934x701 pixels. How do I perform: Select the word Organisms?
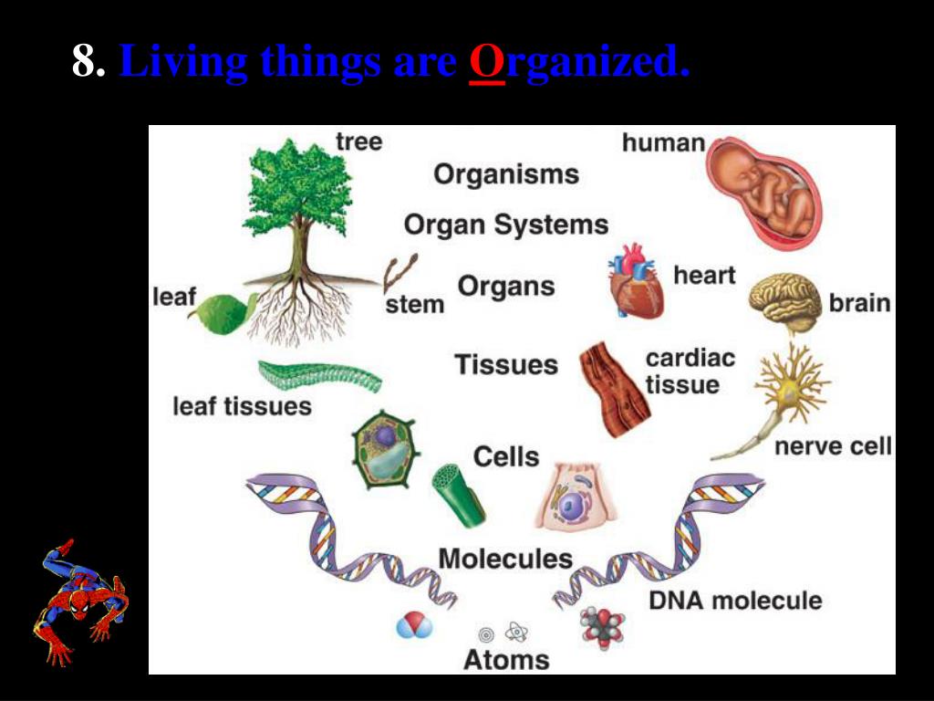click(506, 174)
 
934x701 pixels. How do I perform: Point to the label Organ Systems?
click(506, 225)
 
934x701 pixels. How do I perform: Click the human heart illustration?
click(636, 282)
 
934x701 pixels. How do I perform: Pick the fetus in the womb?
click(764, 193)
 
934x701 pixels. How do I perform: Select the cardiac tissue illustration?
click(613, 388)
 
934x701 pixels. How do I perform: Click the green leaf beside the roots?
click(223, 312)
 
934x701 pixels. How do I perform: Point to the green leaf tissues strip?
click(319, 375)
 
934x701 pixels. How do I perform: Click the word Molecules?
click(505, 558)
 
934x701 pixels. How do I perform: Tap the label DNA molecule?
click(735, 600)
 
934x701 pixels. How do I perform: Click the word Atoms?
click(506, 659)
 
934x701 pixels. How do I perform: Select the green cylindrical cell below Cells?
click(458, 494)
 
